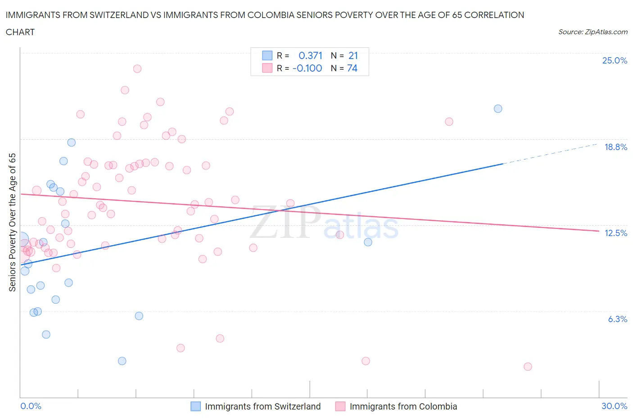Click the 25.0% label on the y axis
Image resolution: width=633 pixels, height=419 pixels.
(x=615, y=61)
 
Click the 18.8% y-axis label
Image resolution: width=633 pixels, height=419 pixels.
(x=615, y=147)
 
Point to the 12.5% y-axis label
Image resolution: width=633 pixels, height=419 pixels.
(x=615, y=233)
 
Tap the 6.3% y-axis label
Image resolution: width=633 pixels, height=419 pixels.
(x=617, y=319)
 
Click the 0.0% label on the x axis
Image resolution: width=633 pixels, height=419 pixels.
(x=31, y=406)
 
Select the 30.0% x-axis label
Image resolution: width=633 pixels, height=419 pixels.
(x=614, y=406)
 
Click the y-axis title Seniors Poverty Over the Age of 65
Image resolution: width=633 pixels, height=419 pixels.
(x=13, y=223)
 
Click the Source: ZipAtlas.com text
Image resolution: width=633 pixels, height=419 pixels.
(x=592, y=32)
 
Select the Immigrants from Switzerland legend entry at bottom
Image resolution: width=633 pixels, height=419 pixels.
(x=262, y=406)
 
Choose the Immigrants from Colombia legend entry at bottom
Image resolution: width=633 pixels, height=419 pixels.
(x=403, y=406)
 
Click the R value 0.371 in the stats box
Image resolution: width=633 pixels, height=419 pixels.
(x=310, y=55)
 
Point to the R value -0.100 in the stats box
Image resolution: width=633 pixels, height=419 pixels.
(x=307, y=68)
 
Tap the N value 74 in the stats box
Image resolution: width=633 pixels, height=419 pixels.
(x=352, y=68)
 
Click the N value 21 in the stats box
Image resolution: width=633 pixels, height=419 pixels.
(x=353, y=55)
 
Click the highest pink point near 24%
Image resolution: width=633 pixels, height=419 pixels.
(x=137, y=68)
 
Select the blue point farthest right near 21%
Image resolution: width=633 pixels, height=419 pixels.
(x=498, y=109)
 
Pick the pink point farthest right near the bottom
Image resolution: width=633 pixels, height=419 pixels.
(x=528, y=367)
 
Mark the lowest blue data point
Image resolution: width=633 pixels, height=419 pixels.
(x=122, y=361)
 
